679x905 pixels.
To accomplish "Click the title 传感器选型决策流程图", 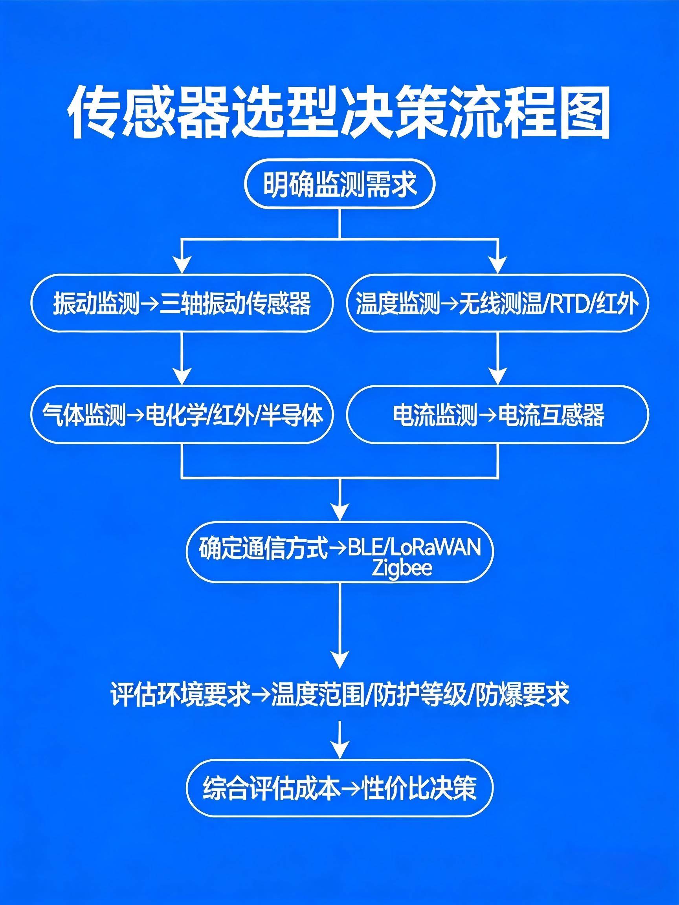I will point(339,112).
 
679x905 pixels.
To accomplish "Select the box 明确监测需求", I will point(339,185).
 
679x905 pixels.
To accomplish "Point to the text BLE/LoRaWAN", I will point(413,548).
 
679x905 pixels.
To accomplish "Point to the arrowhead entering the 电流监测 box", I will point(497,376).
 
